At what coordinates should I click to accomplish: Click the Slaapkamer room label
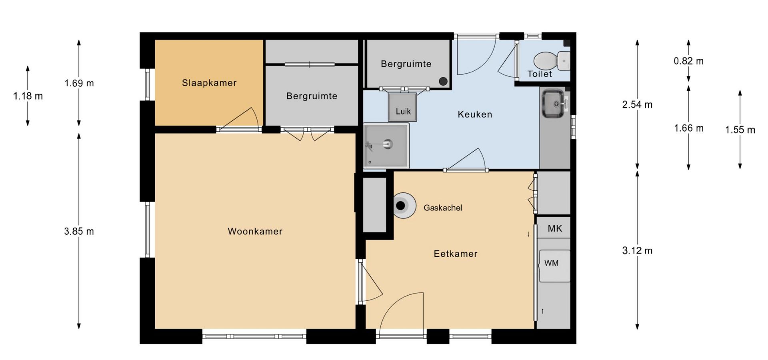(x=209, y=83)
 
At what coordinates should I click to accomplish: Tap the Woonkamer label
(x=255, y=231)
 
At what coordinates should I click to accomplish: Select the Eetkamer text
(x=456, y=254)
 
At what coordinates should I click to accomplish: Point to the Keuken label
(x=475, y=114)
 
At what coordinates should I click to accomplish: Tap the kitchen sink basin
(x=553, y=104)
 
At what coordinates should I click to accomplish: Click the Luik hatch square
(x=403, y=107)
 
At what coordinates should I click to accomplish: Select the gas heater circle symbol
(x=403, y=206)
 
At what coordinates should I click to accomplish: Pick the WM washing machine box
(x=554, y=266)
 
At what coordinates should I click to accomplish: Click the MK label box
(x=554, y=228)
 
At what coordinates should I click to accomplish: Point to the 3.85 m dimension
(x=79, y=232)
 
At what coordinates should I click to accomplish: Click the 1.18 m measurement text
(x=28, y=96)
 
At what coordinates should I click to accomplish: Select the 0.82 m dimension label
(x=688, y=61)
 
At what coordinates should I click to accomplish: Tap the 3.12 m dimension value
(x=637, y=251)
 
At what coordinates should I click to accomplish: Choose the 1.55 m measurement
(x=740, y=130)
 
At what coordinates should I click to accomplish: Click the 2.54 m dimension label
(x=637, y=105)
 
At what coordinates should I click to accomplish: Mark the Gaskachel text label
(x=443, y=208)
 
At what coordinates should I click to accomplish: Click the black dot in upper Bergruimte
(x=443, y=81)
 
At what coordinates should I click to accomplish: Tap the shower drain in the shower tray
(x=387, y=143)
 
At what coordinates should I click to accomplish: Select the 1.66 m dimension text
(x=688, y=128)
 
